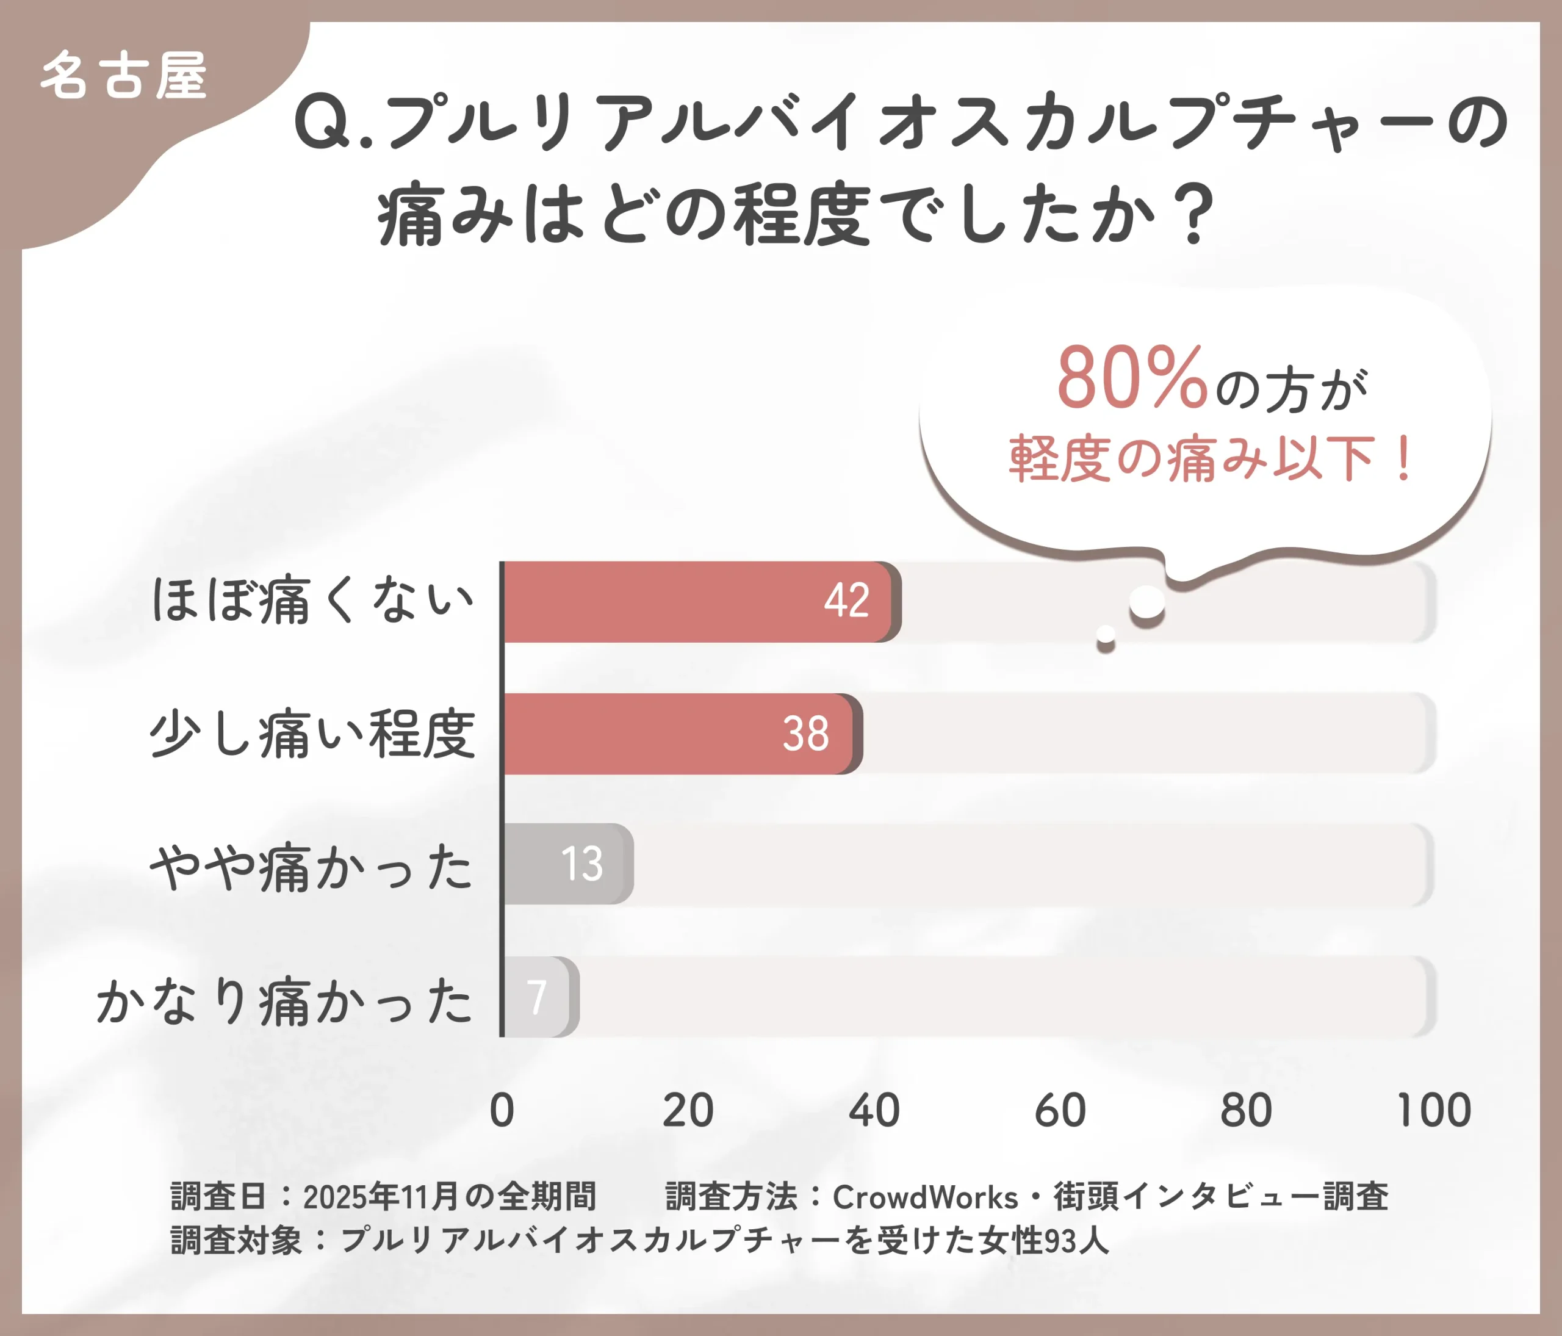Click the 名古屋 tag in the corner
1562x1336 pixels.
click(124, 76)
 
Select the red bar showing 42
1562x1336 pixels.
click(697, 602)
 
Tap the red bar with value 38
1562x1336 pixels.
click(678, 734)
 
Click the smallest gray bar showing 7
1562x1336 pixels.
click(538, 997)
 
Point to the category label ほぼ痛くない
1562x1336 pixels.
click(313, 601)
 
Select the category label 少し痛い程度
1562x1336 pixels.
click(313, 734)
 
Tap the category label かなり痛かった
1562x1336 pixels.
click(284, 1000)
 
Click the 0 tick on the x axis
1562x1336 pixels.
click(502, 1110)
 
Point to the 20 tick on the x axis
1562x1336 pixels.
click(688, 1110)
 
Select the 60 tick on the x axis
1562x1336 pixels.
click(1060, 1110)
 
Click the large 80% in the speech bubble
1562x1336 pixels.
click(1132, 378)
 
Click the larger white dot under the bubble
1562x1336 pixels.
click(1147, 602)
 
